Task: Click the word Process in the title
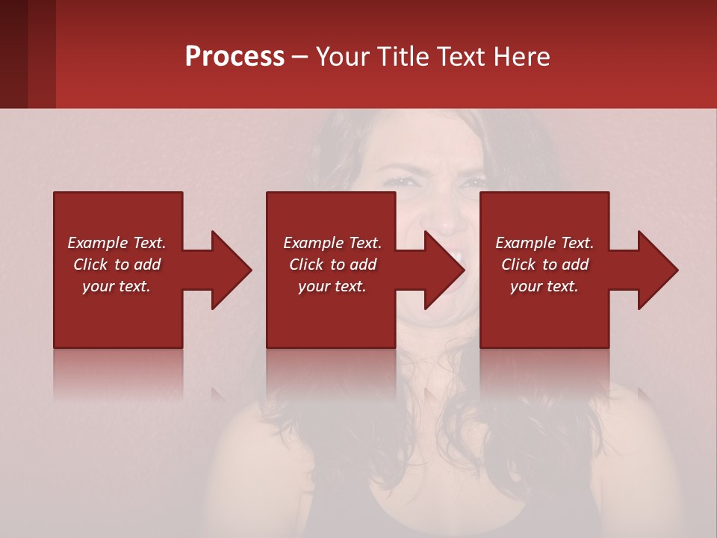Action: point(235,56)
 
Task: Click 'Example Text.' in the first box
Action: point(117,243)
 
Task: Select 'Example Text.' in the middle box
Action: point(332,243)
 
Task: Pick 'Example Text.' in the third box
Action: point(544,243)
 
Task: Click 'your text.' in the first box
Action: point(117,286)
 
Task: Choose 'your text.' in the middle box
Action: point(332,286)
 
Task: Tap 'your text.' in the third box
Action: point(544,286)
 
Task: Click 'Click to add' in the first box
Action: point(117,265)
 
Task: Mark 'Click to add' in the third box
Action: point(544,265)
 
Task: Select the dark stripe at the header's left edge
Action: point(13,54)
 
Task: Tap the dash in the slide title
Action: point(300,58)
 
